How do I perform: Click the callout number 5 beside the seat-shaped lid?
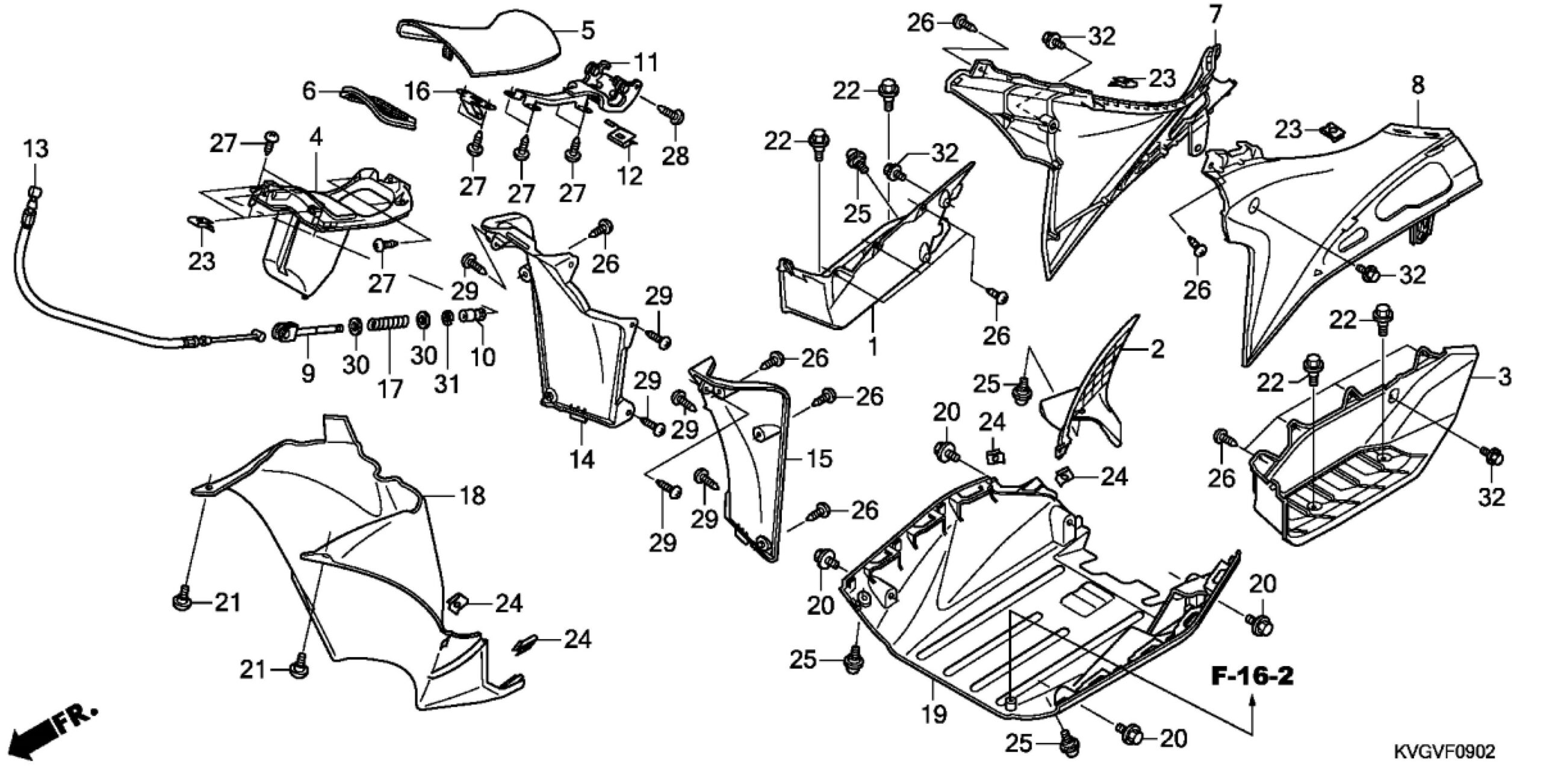[x=588, y=30]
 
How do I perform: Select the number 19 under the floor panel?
[x=932, y=715]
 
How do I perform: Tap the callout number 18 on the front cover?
[x=473, y=496]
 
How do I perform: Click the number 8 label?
[x=1418, y=85]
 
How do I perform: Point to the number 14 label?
[x=583, y=460]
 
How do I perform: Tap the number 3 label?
[x=1504, y=378]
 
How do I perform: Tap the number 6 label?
[x=309, y=92]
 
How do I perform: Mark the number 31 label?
[x=447, y=383]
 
